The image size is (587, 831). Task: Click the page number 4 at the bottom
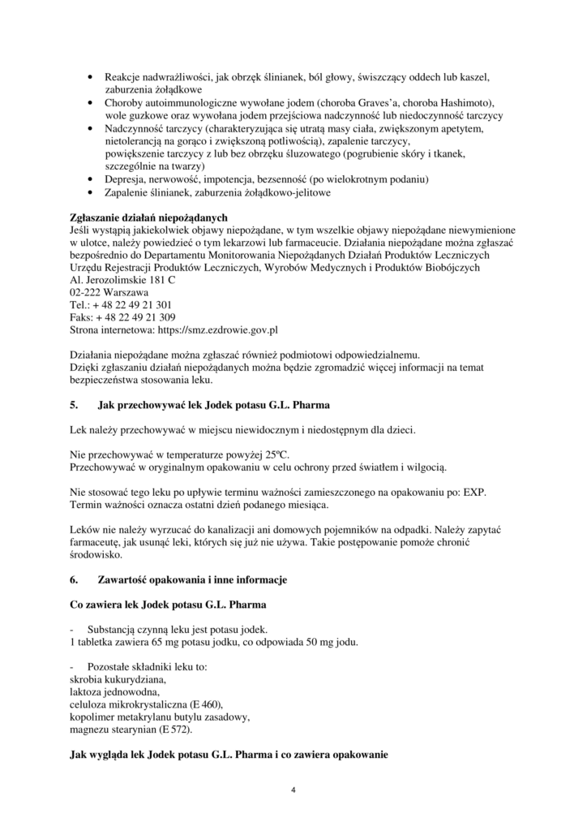pyautogui.click(x=293, y=791)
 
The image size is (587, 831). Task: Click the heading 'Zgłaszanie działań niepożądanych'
pyautogui.click(x=149, y=217)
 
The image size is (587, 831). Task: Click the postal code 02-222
pyautogui.click(x=86, y=292)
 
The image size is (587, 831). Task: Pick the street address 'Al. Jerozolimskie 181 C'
pyautogui.click(x=122, y=280)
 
